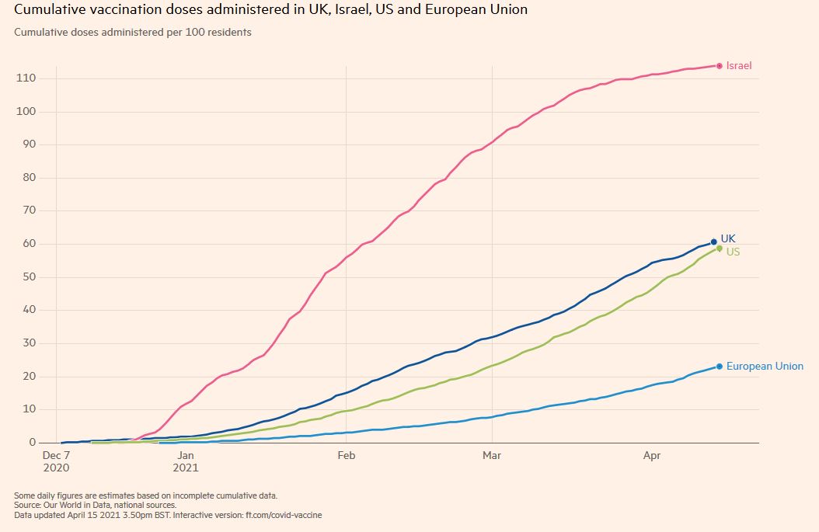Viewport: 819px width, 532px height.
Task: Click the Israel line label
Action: tap(739, 66)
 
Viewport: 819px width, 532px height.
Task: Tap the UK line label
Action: tap(728, 238)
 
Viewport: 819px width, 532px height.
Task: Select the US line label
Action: tap(733, 252)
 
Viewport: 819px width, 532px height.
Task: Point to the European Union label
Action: tap(765, 366)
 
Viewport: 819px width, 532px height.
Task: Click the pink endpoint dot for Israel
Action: tap(720, 66)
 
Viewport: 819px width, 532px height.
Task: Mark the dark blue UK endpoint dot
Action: tap(714, 242)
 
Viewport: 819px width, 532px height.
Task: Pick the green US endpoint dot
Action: tap(720, 249)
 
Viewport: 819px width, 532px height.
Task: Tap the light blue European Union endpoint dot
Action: tap(720, 367)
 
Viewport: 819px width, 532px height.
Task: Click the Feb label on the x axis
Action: tap(346, 456)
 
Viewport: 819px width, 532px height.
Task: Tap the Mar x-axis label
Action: tap(491, 456)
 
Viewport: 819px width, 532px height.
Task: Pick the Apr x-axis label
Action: tap(652, 456)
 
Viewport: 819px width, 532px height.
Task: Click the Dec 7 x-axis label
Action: tap(57, 456)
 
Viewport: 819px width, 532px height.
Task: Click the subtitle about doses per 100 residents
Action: tap(133, 33)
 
